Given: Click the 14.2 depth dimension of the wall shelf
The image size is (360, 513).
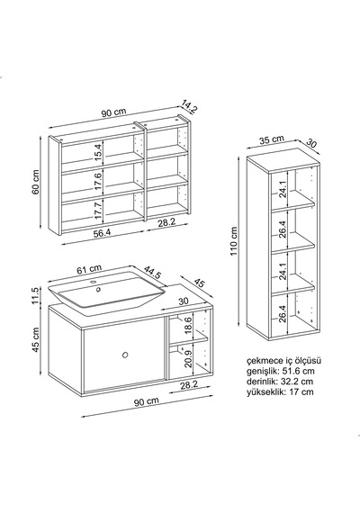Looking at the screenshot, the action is coord(190,107).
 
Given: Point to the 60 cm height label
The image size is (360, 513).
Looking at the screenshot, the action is coord(36,182).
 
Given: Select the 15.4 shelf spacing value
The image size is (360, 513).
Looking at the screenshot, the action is coord(98,153).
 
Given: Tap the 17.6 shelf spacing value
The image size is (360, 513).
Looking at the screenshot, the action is coord(98,182).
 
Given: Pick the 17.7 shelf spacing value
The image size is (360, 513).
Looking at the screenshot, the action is coord(98,211).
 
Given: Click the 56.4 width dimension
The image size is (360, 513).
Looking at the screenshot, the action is coord(102,233).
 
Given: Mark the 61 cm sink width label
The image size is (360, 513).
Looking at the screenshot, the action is coord(89,269).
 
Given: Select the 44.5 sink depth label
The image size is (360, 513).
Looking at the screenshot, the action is coord(152,272).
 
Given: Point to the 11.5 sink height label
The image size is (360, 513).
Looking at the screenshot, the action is coord(36,295).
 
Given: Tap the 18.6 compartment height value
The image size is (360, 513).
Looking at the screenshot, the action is coord(188,326).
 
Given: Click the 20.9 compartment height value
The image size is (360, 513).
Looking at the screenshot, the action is coord(188,359).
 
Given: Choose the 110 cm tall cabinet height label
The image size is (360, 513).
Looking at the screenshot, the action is coord(234,241).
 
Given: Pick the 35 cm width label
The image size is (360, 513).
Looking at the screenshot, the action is coord(272,139).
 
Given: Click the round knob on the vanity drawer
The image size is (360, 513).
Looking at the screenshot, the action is coord(125,355).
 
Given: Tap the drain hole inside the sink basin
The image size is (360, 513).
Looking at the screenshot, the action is coord(98,289).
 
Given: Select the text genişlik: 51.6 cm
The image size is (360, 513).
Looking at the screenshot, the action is coord(281,371).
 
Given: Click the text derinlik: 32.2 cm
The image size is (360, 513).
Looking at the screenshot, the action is coord(280,382).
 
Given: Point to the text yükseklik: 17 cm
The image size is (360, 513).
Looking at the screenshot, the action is coord(280,391).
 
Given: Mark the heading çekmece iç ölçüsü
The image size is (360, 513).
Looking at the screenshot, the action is coord(283,361).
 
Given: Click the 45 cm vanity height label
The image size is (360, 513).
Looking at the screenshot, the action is coord(36,340).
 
